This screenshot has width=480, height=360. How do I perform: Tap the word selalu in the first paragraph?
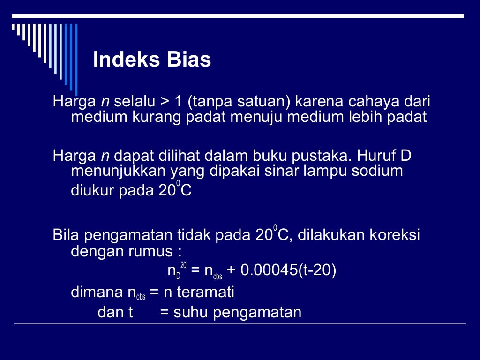(x=136, y=101)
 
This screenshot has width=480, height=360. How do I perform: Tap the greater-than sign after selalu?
(x=163, y=102)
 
